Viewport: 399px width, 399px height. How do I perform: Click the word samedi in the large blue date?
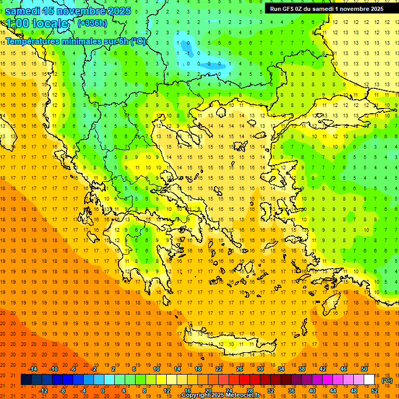pyautogui.click(x=23, y=10)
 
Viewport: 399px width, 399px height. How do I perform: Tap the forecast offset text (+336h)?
pyautogui.click(x=92, y=23)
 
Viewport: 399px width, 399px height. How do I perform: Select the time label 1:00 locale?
pyautogui.click(x=37, y=23)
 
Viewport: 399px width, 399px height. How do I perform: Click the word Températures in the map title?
pyautogui.click(x=31, y=42)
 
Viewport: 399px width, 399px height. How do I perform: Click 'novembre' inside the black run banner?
pyautogui.click(x=353, y=8)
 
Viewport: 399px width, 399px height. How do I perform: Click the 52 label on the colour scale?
pyautogui.click(x=375, y=391)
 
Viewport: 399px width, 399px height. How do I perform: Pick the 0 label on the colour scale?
pyautogui.click(x=102, y=391)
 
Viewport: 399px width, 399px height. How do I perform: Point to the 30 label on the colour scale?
pyautogui.click(x=260, y=369)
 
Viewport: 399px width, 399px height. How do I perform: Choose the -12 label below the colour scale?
pyautogui.click(x=44, y=391)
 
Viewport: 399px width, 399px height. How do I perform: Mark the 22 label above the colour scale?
pyautogui.click(x=219, y=369)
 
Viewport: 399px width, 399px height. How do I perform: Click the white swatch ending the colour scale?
pyautogui.click(x=369, y=380)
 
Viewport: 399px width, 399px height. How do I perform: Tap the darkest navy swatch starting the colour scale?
pyautogui.click(x=26, y=380)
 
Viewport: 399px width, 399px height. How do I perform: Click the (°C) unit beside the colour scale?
pyautogui.click(x=387, y=380)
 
